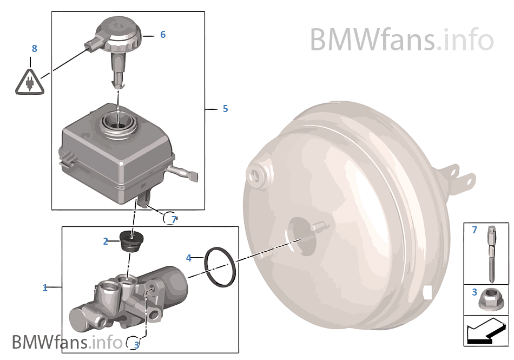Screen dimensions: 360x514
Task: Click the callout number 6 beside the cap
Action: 163,35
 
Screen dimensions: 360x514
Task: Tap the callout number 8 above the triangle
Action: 34,49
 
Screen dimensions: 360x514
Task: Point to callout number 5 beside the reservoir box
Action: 225,109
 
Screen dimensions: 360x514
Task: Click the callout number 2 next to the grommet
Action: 106,241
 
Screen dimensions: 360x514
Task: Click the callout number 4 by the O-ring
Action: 189,258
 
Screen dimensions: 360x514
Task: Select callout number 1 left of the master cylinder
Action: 45,287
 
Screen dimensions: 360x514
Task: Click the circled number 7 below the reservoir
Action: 173,219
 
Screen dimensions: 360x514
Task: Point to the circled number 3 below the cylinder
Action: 136,344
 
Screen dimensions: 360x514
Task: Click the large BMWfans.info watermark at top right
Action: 401,40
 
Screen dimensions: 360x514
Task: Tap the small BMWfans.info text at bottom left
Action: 67,342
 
